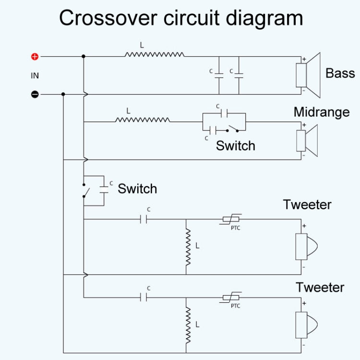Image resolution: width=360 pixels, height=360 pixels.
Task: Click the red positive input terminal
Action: point(35,57)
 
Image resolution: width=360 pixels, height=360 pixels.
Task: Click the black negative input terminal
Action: point(35,94)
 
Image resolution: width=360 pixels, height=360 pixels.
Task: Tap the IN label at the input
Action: point(35,75)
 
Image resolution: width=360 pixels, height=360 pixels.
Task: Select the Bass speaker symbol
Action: point(307,75)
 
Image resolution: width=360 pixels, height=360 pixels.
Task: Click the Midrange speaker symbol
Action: point(307,140)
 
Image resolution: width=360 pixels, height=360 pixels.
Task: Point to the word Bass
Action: point(340,73)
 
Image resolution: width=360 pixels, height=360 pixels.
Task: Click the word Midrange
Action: point(321,112)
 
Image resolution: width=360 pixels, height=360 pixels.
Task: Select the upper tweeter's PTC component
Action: point(232,219)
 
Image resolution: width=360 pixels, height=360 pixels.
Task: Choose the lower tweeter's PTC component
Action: point(232,298)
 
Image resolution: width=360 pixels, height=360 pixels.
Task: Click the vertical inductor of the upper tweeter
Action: point(188,247)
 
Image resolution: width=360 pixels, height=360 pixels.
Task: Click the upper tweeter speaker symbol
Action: point(306,247)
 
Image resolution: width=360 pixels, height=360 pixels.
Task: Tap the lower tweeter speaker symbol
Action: point(306,325)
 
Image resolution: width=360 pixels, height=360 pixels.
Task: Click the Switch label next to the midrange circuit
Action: point(235,146)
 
